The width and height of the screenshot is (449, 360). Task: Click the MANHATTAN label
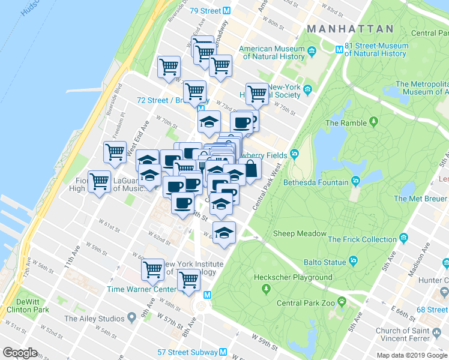point(350,29)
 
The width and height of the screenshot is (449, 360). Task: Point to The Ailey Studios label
point(95,319)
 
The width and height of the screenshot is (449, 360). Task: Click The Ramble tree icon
point(374,123)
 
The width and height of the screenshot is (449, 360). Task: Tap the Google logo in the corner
point(20,353)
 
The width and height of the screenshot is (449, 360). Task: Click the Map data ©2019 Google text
point(411,355)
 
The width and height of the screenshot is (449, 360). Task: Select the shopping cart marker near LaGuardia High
point(99,182)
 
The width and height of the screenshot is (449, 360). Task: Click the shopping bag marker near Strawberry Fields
point(250,169)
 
